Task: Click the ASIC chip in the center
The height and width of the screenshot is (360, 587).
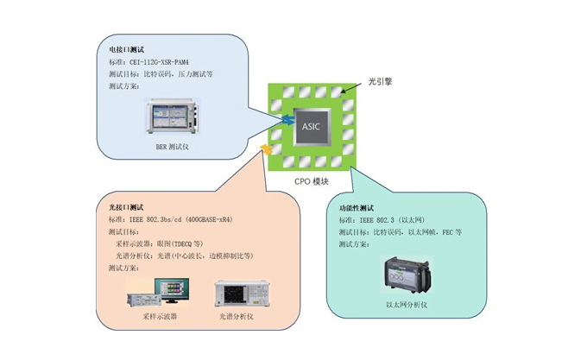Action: click(311, 126)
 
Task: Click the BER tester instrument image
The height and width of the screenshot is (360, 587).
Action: click(174, 120)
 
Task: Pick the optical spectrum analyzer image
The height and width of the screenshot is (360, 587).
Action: click(238, 294)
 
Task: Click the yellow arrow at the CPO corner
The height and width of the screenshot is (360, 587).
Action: click(267, 150)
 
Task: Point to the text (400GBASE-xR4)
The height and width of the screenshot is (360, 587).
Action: click(233, 220)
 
